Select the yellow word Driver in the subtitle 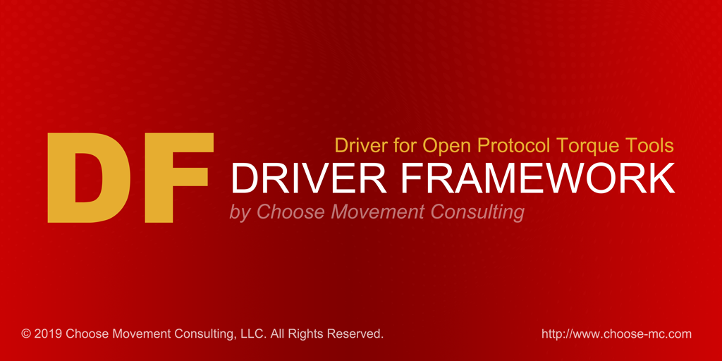tap(360, 146)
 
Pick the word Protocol tap(515, 147)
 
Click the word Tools tap(650, 146)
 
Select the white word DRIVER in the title tap(307, 179)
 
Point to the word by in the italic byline tap(240, 212)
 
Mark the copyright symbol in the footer tap(26, 334)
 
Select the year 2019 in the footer tap(48, 334)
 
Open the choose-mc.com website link tap(616, 334)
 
